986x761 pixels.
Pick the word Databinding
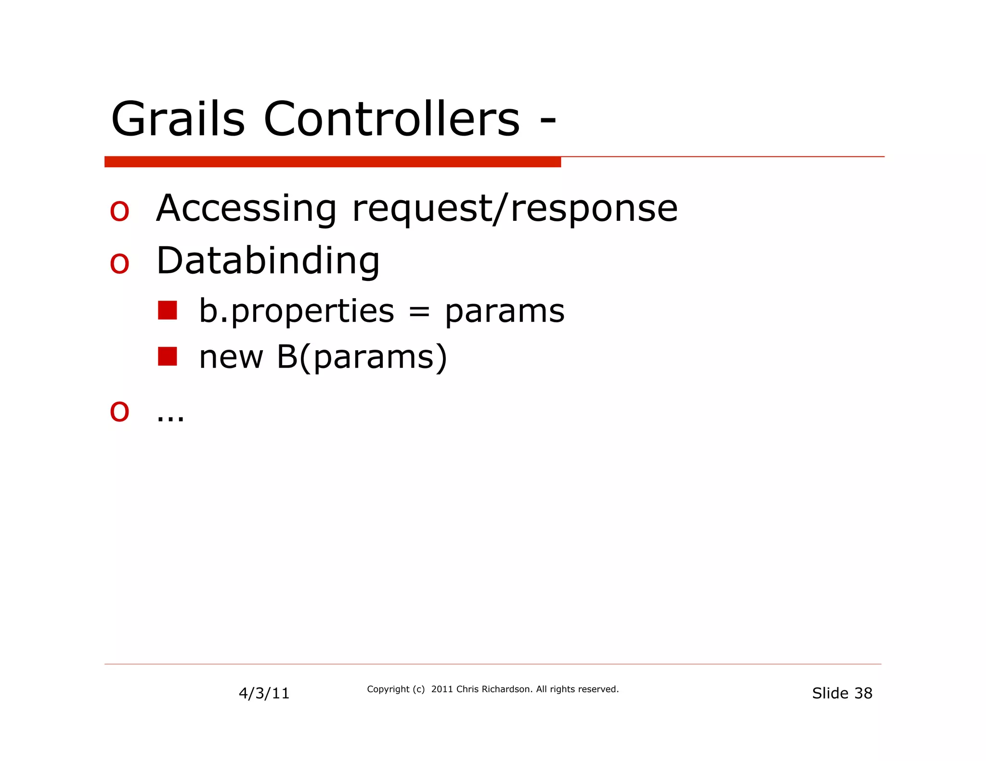(268, 261)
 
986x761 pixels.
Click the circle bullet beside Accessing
(119, 212)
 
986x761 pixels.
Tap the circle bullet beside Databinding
(119, 264)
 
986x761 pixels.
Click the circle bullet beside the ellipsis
(119, 412)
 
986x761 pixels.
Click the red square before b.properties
(167, 311)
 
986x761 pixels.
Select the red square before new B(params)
(167, 356)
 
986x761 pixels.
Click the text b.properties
(297, 311)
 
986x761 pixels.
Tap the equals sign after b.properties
(419, 313)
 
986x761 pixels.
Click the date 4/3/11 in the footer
(264, 693)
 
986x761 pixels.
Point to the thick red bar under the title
(332, 162)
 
